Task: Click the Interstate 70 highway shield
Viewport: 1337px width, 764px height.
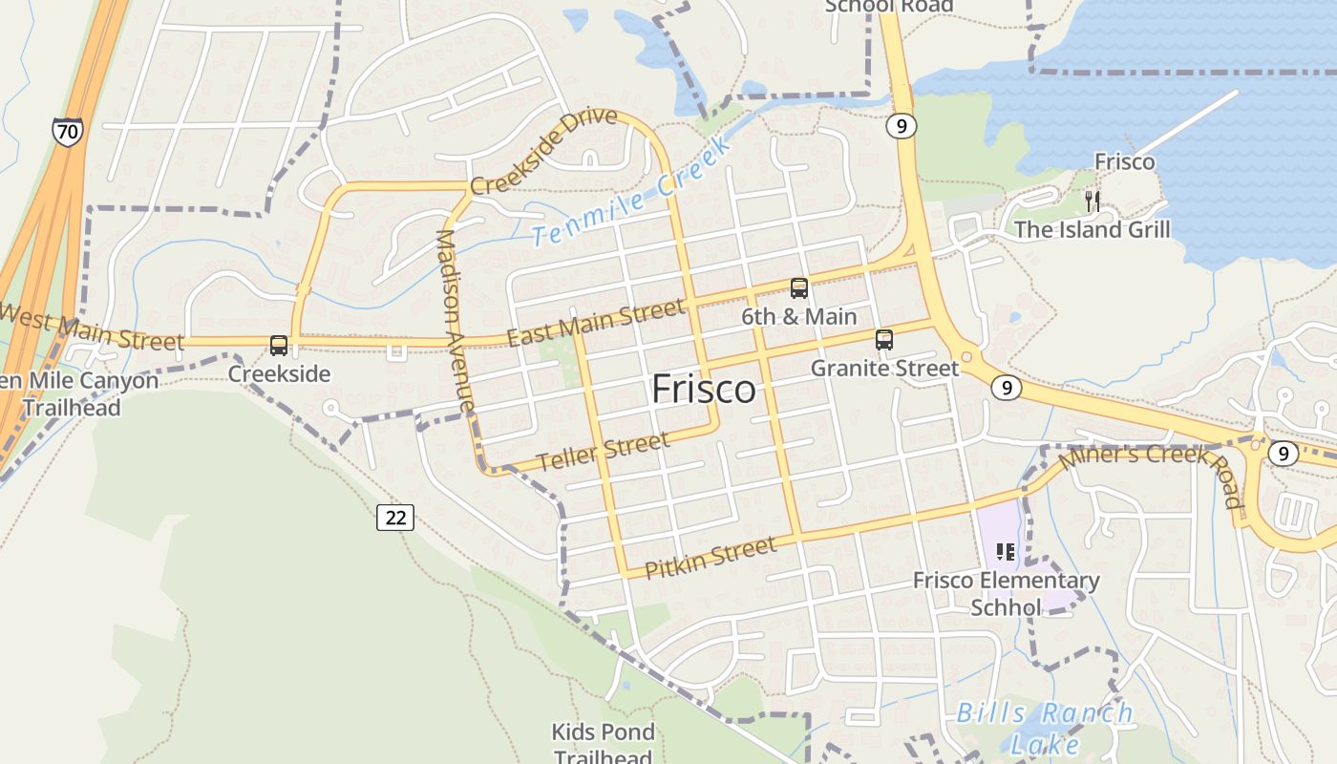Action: click(x=67, y=132)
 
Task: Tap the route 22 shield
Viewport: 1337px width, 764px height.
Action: click(x=395, y=518)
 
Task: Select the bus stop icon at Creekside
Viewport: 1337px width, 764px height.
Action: click(x=279, y=346)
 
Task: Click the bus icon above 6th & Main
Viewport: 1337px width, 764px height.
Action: click(x=799, y=287)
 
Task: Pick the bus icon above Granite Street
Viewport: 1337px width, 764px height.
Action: click(x=884, y=340)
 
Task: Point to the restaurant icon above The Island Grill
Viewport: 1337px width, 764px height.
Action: click(x=1093, y=202)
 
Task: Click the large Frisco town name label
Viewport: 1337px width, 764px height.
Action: click(x=704, y=390)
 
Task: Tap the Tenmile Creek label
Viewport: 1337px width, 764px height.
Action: click(x=631, y=191)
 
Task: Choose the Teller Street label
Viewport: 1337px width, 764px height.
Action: click(x=603, y=452)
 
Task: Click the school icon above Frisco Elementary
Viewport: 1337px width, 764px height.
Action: click(x=1005, y=551)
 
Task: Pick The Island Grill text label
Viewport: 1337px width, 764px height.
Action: click(x=1092, y=229)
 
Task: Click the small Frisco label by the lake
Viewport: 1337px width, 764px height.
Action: click(x=1124, y=161)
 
